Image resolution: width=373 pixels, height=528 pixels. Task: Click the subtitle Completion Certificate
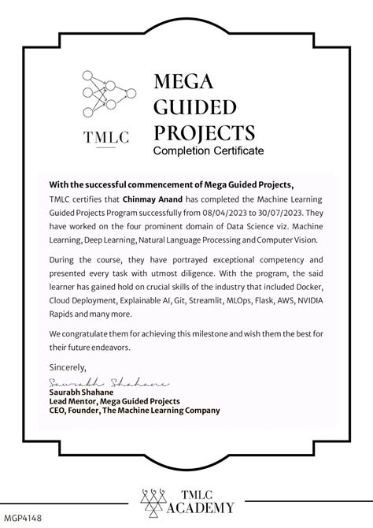(x=209, y=150)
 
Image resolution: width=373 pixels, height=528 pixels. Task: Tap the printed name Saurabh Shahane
(x=83, y=392)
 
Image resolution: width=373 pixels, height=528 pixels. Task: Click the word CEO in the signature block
(x=57, y=410)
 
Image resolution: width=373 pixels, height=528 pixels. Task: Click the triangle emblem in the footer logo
(x=154, y=500)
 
